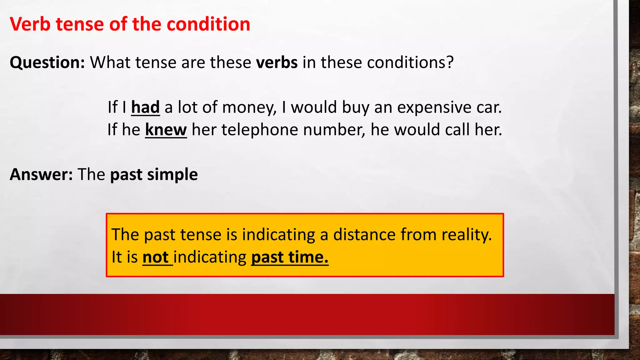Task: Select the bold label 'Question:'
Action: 47,62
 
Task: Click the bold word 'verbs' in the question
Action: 277,62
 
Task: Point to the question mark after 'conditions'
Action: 450,62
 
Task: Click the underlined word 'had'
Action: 145,107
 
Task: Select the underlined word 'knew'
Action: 166,130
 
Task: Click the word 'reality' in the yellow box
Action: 466,235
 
